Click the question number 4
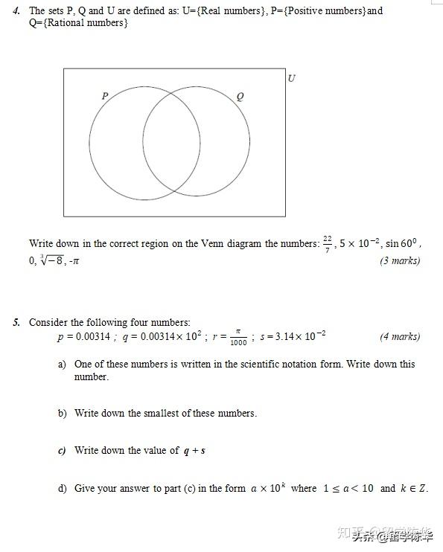tap(16, 11)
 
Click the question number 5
tap(16, 322)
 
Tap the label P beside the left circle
tap(105, 95)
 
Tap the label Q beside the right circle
tap(239, 96)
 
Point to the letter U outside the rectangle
tap(291, 78)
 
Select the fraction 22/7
tap(327, 244)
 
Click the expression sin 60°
tap(402, 244)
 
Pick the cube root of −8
tap(55, 260)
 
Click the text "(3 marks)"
tap(400, 260)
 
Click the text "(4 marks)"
tap(400, 336)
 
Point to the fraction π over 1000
tap(238, 337)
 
